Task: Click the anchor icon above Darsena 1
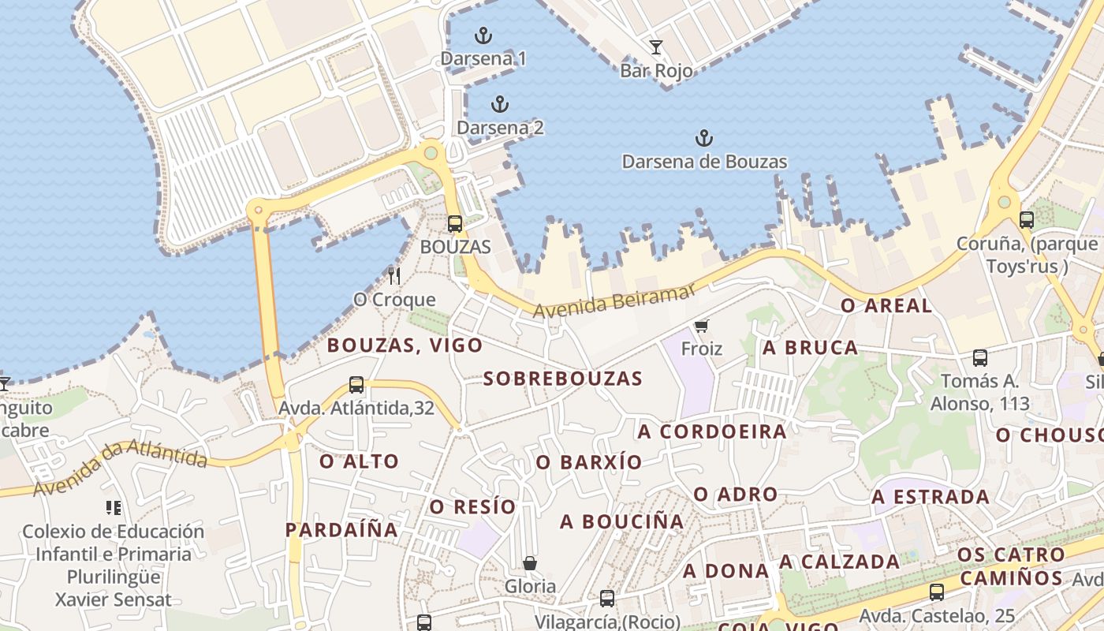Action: tap(483, 35)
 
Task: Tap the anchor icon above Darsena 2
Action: tap(499, 104)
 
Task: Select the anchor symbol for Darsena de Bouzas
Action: tap(703, 139)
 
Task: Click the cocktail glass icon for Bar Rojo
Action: tap(655, 47)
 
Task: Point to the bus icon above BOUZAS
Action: tap(455, 224)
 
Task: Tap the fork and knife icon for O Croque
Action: tap(394, 276)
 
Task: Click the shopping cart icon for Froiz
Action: tap(701, 326)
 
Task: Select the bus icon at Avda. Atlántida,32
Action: tap(356, 385)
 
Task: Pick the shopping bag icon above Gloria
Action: tap(530, 563)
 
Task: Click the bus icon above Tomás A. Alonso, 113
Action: tap(979, 358)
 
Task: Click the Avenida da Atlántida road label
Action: tap(120, 467)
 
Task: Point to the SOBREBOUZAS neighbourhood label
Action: tap(563, 379)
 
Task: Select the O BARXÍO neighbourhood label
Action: tap(589, 463)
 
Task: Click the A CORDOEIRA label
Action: tap(712, 432)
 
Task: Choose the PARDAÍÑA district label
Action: tap(341, 530)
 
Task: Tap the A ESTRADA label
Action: tap(931, 498)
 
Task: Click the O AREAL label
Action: tap(886, 306)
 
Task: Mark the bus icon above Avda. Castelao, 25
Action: tap(936, 592)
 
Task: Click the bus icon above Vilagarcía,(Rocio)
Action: tap(606, 598)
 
